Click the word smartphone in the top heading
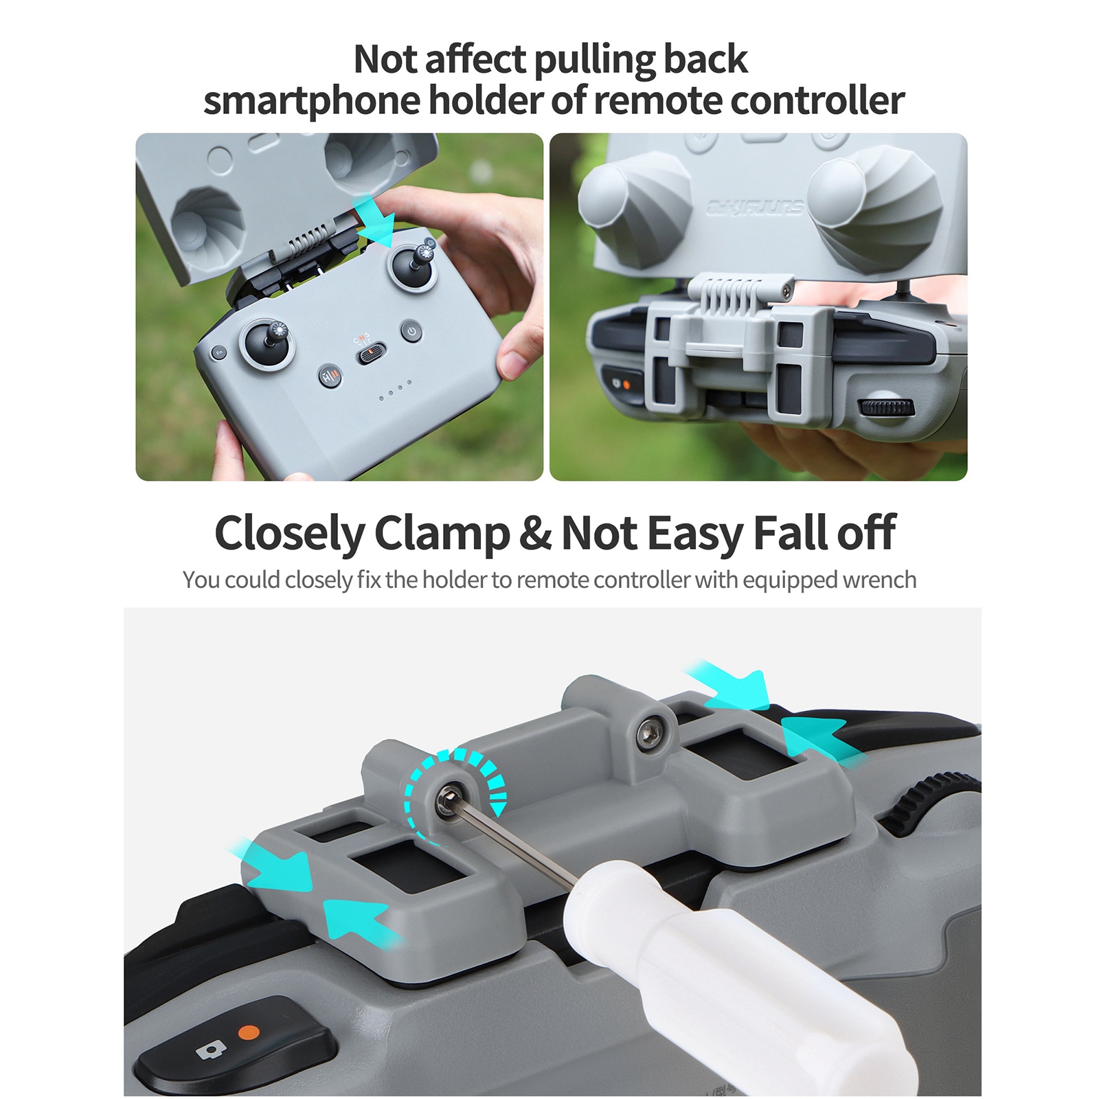(311, 102)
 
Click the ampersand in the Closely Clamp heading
(535, 533)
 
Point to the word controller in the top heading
(817, 100)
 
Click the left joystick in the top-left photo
(267, 341)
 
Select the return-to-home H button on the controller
(330, 376)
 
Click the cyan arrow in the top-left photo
(374, 220)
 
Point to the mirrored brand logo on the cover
(756, 207)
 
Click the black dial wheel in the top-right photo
(887, 407)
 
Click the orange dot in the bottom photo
(249, 1032)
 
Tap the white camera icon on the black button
(211, 1050)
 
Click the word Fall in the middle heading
(791, 533)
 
